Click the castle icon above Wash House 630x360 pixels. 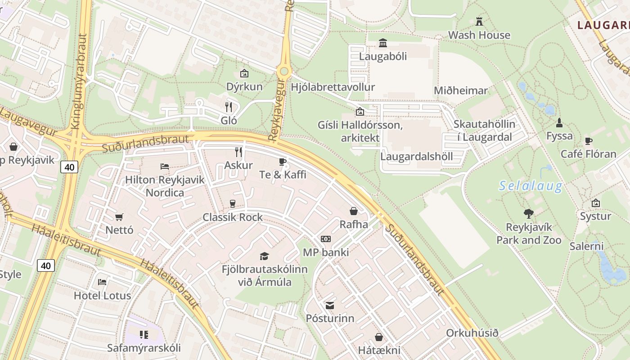(479, 21)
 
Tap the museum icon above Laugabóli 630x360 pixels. (383, 43)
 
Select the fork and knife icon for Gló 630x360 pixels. (229, 107)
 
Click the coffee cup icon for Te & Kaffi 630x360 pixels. (283, 161)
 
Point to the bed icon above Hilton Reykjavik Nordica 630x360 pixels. (165, 166)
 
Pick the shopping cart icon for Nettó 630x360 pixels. (119, 217)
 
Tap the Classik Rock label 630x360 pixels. (232, 217)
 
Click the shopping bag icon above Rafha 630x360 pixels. (354, 211)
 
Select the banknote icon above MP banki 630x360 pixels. (325, 239)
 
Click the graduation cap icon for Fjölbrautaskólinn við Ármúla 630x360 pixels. (264, 256)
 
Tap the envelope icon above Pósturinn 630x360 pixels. (330, 306)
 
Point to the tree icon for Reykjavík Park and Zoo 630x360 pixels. (529, 213)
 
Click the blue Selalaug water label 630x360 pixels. (531, 186)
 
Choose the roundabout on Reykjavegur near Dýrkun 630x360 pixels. (283, 71)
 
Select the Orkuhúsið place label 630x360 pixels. (472, 333)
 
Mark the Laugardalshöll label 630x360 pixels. (416, 157)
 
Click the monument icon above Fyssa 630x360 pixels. (559, 122)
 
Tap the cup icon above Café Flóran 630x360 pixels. (588, 141)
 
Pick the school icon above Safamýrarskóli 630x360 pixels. (144, 334)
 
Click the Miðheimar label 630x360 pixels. (460, 91)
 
